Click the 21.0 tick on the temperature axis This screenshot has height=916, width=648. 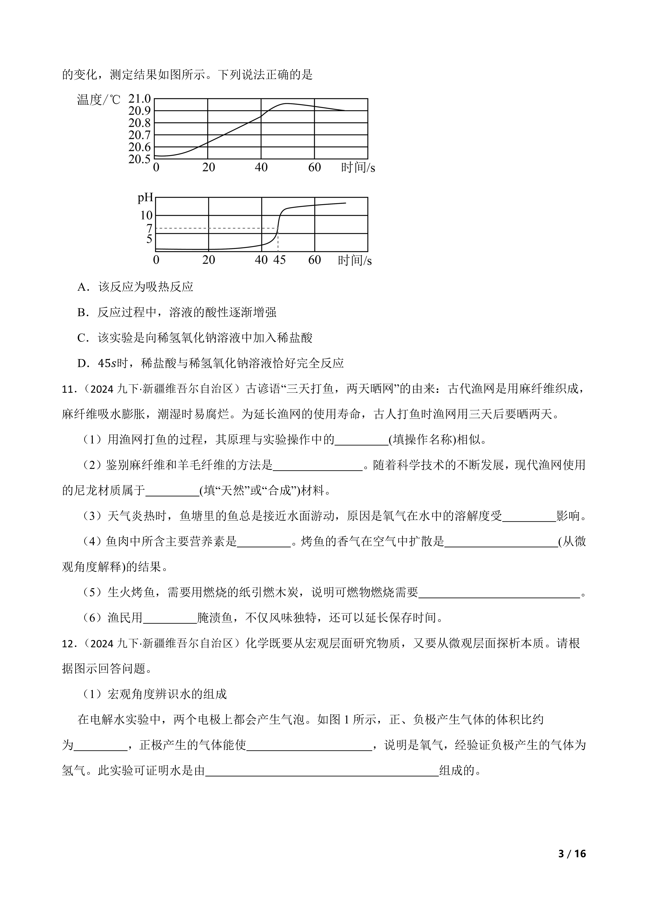tap(139, 99)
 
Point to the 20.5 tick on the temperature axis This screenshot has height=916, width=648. tap(139, 159)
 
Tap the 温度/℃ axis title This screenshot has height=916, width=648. tap(98, 100)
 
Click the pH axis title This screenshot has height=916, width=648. tap(145, 198)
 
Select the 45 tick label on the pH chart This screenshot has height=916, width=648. tap(279, 260)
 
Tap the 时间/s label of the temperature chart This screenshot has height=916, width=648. tap(358, 168)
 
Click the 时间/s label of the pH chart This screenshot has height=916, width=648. tap(355, 260)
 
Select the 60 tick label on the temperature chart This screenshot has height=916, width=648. tap(315, 167)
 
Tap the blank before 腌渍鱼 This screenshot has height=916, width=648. tap(170, 618)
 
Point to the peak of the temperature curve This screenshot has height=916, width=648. tap(286, 104)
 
